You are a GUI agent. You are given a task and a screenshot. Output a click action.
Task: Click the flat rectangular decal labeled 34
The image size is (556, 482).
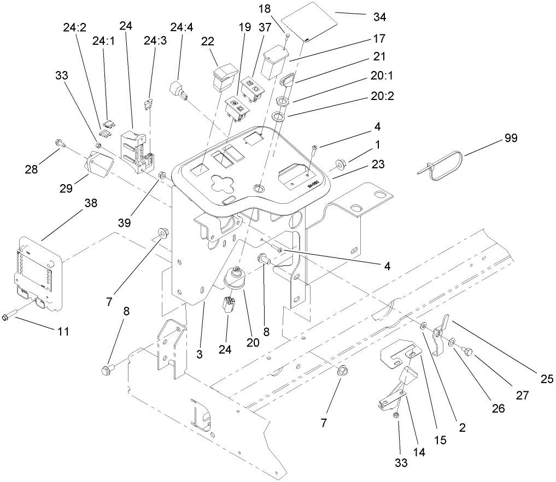[313, 22]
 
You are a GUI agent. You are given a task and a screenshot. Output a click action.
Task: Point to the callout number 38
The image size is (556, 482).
[90, 203]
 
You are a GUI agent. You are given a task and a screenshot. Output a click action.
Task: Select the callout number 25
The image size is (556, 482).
[547, 378]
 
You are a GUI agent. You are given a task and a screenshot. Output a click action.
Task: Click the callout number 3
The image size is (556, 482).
[200, 355]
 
